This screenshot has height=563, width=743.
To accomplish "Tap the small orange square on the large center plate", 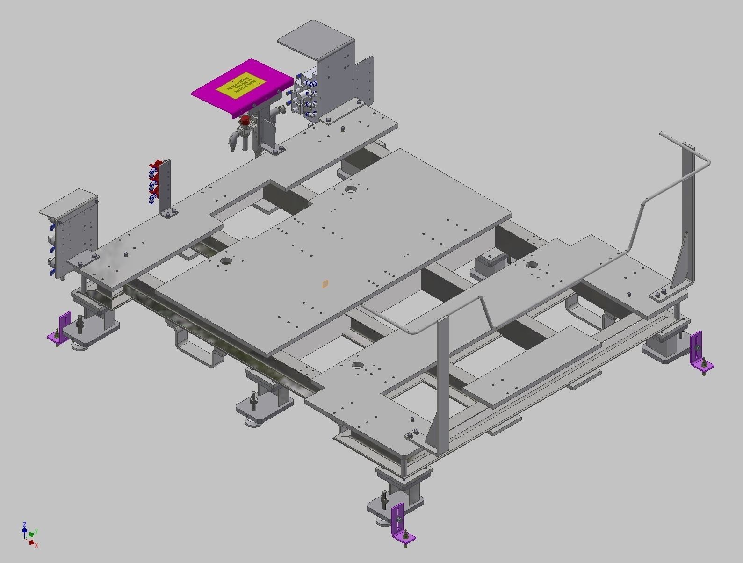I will pyautogui.click(x=325, y=283).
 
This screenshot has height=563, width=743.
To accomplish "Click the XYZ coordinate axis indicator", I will pyautogui.click(x=29, y=534).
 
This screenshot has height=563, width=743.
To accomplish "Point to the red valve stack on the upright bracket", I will pyautogui.click(x=155, y=182).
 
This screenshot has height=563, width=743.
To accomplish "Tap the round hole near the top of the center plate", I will pyautogui.click(x=350, y=189).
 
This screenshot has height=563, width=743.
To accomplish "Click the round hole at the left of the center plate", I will pyautogui.click(x=226, y=261).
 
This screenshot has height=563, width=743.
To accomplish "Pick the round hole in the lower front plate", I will pyautogui.click(x=358, y=365).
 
